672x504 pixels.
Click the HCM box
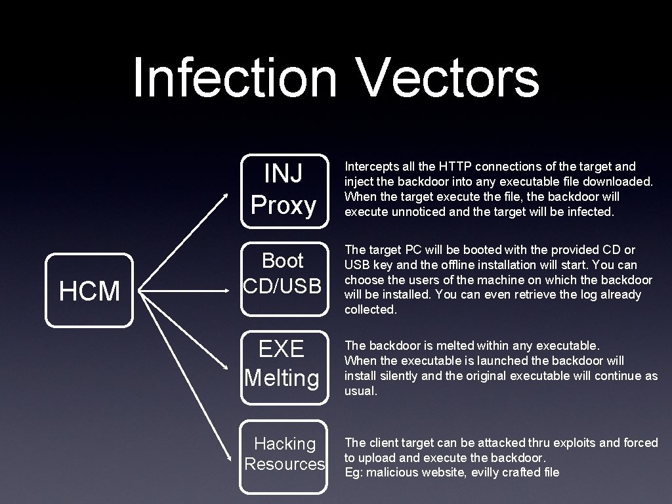89,291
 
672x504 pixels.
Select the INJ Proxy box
283,190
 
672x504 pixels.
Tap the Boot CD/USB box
282,274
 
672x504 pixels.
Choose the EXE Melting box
282,363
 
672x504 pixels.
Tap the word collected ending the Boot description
370,310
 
